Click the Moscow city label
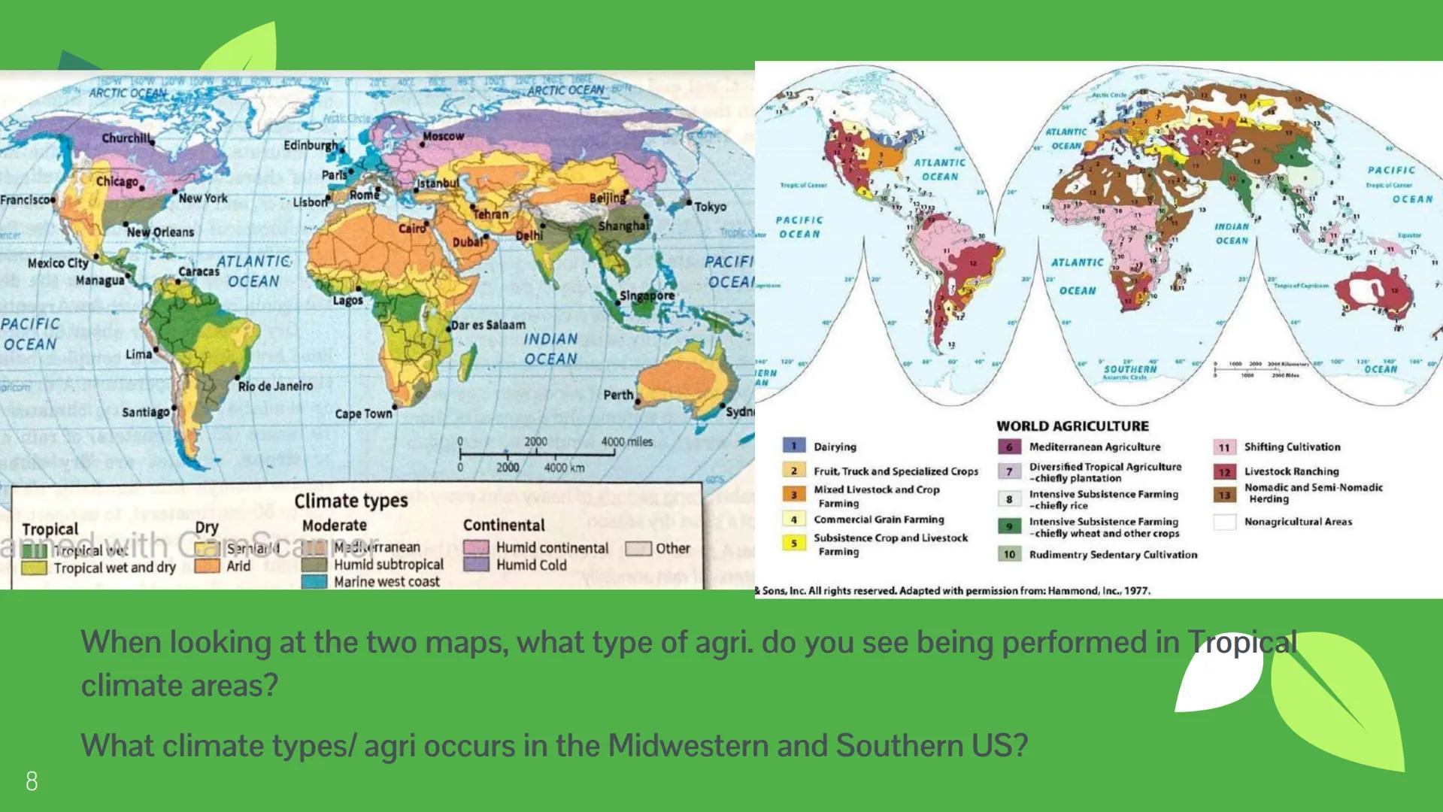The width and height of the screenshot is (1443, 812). (443, 136)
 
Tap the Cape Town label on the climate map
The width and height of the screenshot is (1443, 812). (363, 414)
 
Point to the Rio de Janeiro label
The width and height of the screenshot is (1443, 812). (275, 386)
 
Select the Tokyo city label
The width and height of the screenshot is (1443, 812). (710, 206)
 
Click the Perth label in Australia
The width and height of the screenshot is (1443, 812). (618, 395)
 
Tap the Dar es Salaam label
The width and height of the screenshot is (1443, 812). (488, 325)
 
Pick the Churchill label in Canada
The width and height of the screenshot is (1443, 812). (126, 138)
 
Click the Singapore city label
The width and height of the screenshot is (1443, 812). (647, 295)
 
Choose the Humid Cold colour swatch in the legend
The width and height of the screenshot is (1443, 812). (476, 565)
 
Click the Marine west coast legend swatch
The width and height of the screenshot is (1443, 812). (314, 582)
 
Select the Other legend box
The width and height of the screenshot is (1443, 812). (638, 548)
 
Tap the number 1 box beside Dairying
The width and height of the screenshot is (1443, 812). (793, 446)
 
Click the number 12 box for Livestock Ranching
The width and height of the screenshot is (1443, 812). (1224, 471)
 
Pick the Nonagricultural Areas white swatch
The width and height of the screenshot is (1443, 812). (1224, 521)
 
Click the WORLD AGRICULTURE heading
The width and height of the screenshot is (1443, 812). (1072, 426)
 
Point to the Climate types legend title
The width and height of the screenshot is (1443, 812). (350, 501)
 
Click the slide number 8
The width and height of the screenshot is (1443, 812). (32, 781)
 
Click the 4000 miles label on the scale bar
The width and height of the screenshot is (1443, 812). (626, 441)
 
